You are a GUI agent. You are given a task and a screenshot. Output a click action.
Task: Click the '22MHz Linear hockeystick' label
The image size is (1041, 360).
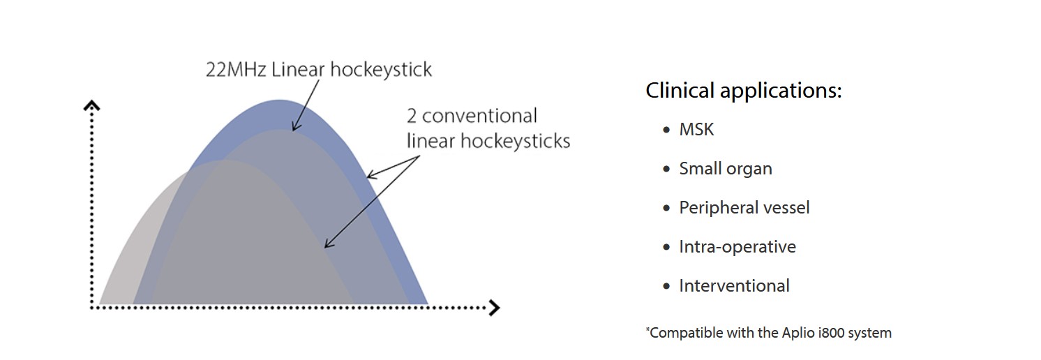319,70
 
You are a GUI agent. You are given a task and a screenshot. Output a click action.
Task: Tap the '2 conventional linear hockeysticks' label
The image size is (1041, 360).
488,128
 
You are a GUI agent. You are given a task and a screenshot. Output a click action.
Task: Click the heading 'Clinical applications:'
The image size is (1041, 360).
744,91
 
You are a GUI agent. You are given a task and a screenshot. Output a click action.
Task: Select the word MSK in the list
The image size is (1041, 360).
696,130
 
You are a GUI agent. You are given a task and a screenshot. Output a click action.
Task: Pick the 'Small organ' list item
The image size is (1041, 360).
726,169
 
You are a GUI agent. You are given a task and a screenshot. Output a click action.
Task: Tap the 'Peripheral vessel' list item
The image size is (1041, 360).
744,208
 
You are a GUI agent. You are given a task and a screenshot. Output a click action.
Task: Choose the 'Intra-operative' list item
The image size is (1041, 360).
737,247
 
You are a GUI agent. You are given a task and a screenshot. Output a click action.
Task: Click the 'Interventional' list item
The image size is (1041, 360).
734,286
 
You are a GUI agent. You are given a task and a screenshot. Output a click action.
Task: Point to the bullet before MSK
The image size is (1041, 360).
666,130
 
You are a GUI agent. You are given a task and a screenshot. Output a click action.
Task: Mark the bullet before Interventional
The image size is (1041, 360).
666,287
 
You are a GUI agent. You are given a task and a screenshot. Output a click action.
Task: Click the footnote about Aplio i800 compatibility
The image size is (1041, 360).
769,333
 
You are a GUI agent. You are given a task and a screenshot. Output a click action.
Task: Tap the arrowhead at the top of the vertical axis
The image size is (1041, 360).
91,105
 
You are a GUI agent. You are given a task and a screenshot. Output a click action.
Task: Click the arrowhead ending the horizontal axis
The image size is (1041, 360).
494,307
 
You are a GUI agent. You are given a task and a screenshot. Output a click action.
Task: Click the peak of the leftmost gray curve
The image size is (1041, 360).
225,160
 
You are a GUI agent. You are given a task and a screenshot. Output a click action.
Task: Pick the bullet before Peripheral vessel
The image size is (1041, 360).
666,209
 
